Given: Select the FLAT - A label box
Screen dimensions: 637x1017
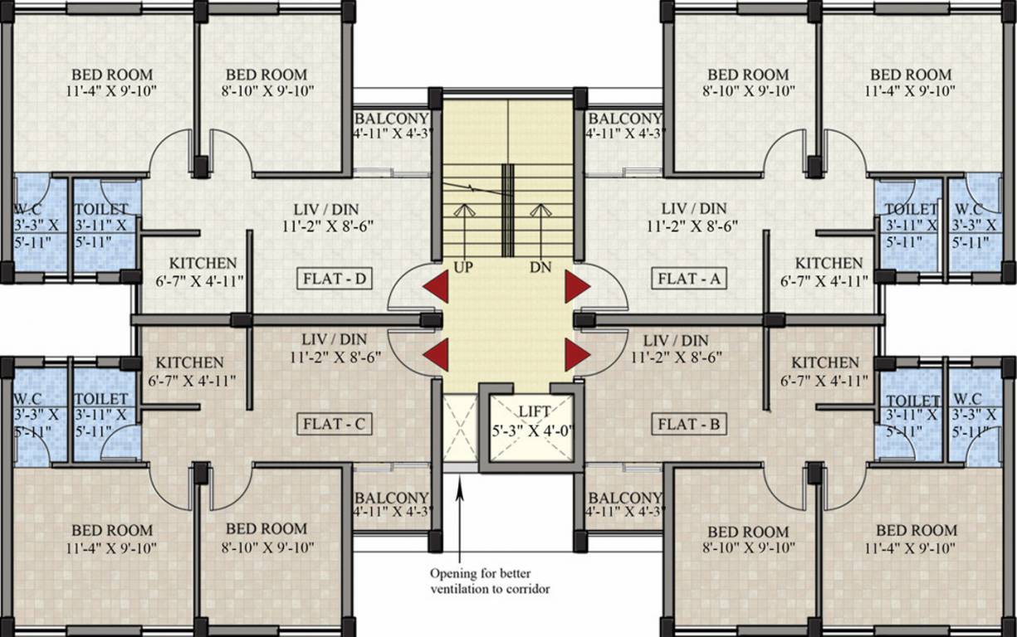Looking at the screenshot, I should point(688,279).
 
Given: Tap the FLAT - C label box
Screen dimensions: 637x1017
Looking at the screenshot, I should point(335,425).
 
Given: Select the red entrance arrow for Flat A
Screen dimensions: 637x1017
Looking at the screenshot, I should point(576,287).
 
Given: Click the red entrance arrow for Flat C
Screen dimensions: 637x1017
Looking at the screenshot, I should point(436,354).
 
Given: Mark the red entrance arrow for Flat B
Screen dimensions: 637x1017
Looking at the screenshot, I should point(576,354).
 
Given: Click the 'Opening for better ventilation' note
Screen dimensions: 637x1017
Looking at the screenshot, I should point(490,581).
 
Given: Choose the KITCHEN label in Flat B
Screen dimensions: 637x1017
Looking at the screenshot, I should point(825,363).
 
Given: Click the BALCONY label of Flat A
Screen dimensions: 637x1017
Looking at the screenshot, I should point(624,119).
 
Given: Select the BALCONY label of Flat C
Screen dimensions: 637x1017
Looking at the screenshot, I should point(392,498).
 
